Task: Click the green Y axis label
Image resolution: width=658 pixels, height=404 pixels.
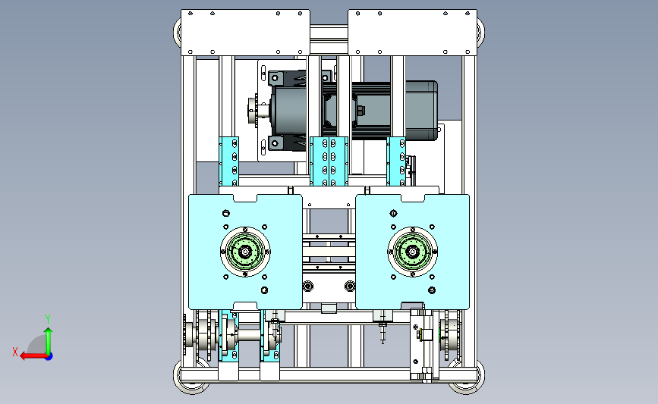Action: pos(48,319)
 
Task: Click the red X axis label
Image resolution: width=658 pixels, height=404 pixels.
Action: pos(15,352)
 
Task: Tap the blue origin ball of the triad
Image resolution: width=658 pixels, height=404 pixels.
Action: pos(49,356)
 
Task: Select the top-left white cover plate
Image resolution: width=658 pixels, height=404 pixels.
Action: pos(245,33)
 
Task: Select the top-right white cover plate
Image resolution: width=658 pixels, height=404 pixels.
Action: pos(413,33)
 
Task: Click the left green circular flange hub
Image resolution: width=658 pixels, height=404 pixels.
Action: pos(245,252)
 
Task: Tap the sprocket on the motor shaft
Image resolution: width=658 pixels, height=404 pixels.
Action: pos(253,111)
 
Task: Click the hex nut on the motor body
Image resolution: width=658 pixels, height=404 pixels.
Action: pos(360,111)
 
